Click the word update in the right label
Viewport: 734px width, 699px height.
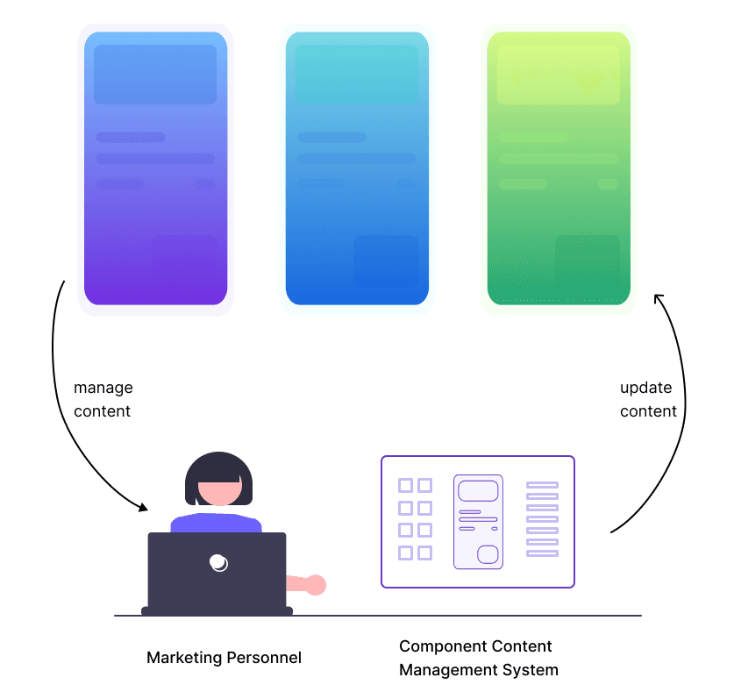point(645,388)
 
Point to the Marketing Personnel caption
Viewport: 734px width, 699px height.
point(224,658)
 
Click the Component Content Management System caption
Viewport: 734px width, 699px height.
point(478,659)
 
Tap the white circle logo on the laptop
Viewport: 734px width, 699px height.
point(218,563)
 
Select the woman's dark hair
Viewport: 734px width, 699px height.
point(217,466)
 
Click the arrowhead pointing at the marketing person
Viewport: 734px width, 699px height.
point(143,506)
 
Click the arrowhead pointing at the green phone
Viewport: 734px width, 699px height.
point(659,299)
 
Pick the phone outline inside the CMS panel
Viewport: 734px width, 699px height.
point(478,522)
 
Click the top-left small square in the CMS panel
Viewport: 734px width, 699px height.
point(405,485)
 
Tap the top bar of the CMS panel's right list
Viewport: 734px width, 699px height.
point(542,485)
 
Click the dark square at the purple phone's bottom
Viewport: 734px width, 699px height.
point(184,260)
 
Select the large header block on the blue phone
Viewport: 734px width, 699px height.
point(357,75)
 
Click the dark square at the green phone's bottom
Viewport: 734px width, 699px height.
point(588,260)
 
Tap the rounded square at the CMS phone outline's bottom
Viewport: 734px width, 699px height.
point(488,554)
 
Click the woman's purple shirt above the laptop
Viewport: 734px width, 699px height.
point(216,524)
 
